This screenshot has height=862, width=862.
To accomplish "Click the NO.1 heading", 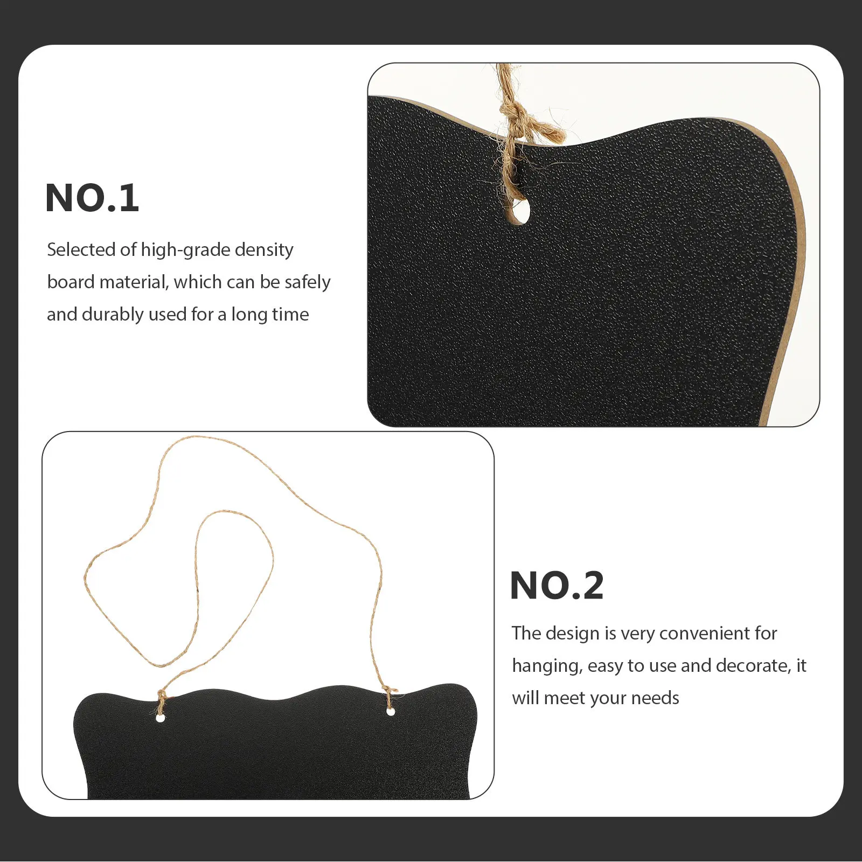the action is point(92,198).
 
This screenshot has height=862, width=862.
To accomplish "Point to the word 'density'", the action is point(264,250).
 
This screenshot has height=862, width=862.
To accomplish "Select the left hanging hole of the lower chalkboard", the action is point(160,718).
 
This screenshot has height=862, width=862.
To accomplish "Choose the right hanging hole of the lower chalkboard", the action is point(391,712).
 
